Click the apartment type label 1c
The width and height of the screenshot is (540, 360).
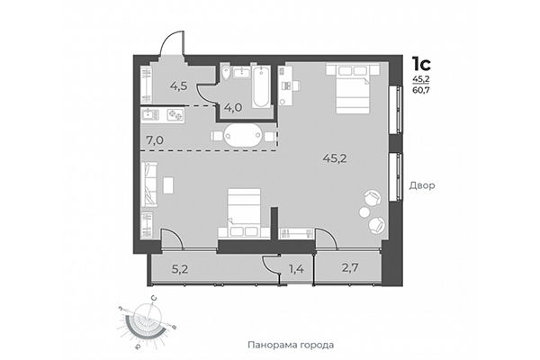(x=420, y=64)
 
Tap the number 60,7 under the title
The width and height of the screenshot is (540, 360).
(x=420, y=91)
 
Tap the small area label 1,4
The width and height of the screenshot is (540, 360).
(x=295, y=268)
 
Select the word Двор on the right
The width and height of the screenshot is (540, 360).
(x=421, y=186)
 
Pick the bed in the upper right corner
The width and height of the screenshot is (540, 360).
(x=346, y=85)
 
